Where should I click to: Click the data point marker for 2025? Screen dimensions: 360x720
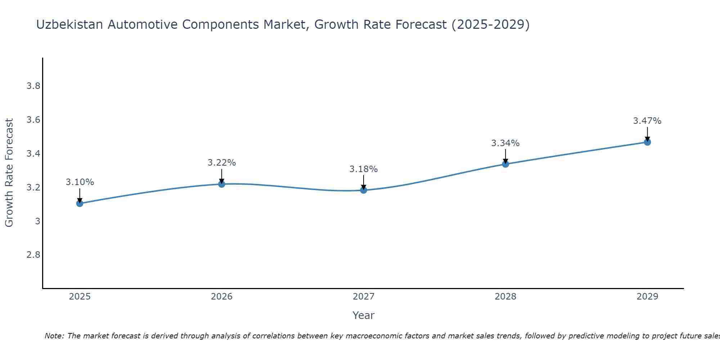[80, 203]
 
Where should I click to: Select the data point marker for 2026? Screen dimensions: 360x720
[222, 184]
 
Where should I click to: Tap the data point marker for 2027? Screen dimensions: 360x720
[364, 190]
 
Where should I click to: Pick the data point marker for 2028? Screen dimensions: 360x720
[505, 164]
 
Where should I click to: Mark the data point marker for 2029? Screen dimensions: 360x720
[647, 142]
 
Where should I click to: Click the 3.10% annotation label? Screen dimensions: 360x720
[80, 182]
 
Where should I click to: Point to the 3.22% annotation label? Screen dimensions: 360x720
[222, 163]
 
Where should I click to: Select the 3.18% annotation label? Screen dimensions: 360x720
[364, 169]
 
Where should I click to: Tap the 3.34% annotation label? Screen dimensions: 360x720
[505, 143]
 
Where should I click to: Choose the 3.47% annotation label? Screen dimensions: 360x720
[647, 121]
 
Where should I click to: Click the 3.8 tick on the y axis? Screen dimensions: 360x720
[33, 86]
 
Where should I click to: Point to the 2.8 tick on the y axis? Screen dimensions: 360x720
[33, 255]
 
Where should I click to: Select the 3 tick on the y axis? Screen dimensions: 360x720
[37, 221]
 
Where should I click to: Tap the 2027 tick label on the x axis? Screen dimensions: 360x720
[364, 297]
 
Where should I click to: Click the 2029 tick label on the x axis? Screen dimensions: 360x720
[647, 297]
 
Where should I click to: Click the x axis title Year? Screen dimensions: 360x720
[364, 315]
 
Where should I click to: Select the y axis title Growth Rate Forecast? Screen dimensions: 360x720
[9, 173]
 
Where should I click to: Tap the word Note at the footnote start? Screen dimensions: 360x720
[54, 336]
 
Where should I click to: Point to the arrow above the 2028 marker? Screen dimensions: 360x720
[505, 157]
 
